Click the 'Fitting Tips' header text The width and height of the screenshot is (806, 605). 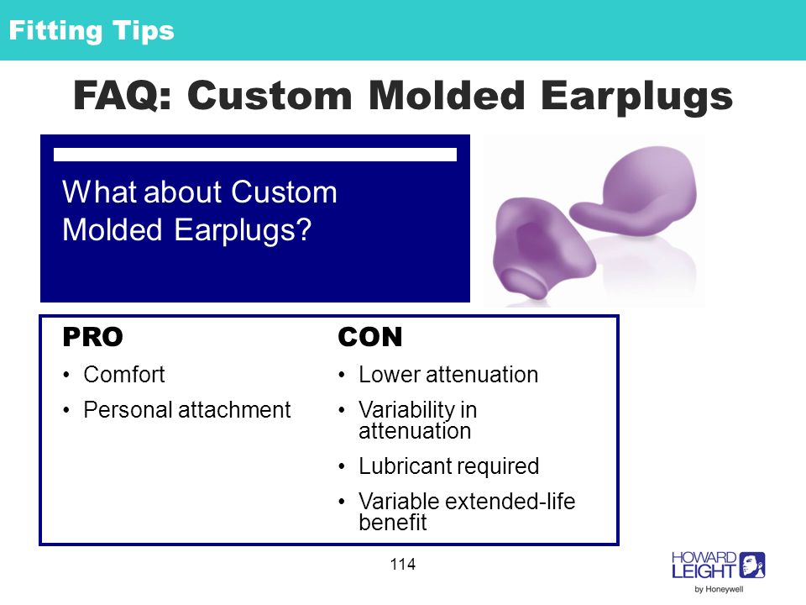(92, 31)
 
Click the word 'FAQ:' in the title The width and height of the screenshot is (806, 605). (123, 96)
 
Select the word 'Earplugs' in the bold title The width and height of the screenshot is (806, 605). (636, 97)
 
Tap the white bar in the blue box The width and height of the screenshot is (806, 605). (255, 155)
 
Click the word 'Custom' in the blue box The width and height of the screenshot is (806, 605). (284, 192)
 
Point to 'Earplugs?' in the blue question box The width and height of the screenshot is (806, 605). (243, 230)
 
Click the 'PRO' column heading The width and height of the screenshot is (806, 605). (92, 338)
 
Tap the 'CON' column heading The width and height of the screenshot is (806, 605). (369, 338)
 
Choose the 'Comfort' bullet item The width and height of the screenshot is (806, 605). (124, 375)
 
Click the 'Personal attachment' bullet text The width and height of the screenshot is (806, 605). (187, 410)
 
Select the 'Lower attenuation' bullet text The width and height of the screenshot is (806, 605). (448, 375)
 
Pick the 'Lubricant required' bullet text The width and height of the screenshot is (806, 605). (448, 466)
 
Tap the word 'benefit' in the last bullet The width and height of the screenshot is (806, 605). (393, 522)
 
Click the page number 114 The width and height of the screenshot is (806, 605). (402, 565)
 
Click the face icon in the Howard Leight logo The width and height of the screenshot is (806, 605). (752, 565)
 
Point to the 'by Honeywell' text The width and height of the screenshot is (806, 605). (719, 590)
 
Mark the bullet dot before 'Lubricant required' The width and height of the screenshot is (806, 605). (342, 467)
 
